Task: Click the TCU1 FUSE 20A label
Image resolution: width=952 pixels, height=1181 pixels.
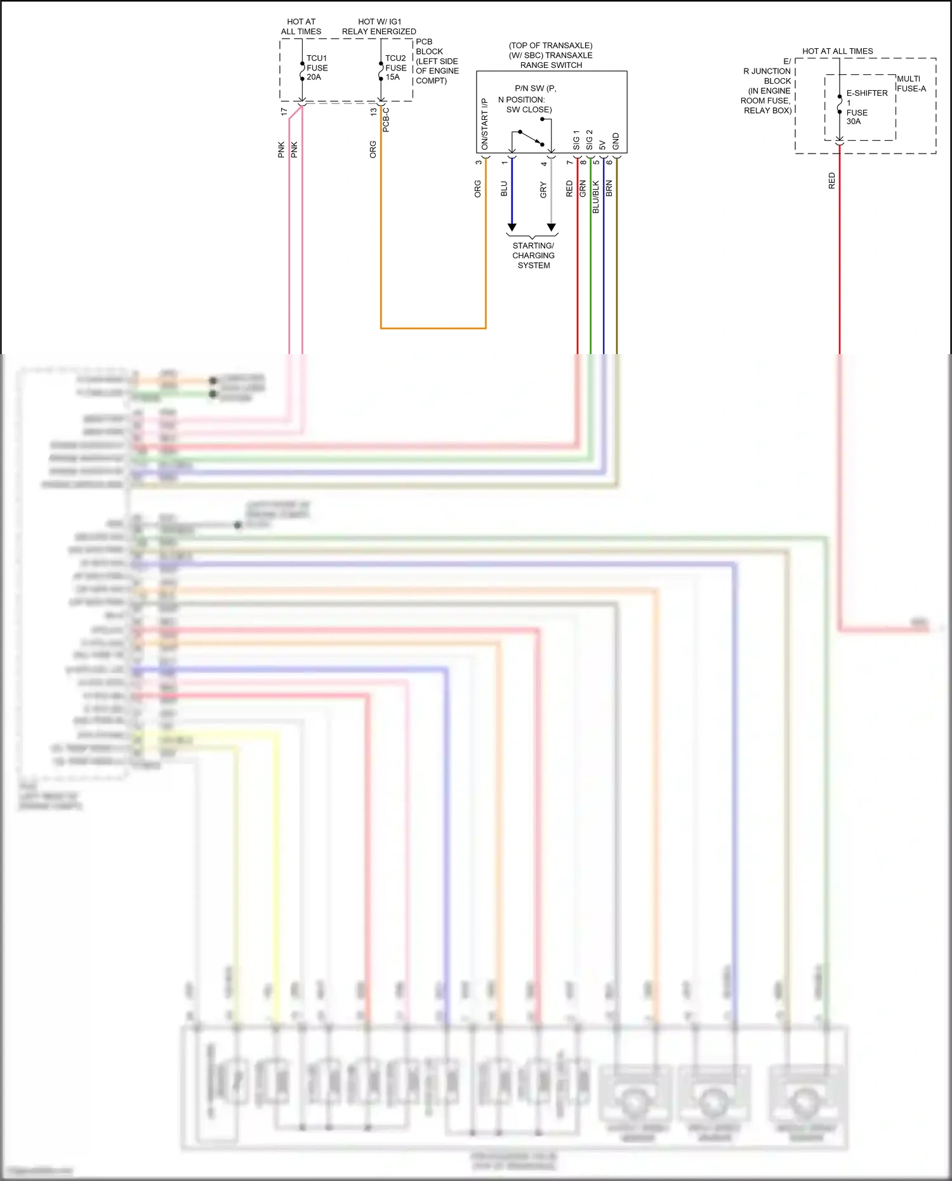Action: (317, 68)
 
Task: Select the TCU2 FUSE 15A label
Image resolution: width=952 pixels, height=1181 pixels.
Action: (395, 68)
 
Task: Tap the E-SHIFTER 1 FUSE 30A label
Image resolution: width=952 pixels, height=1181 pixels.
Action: (866, 107)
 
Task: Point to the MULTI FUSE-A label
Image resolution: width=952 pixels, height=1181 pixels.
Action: (911, 84)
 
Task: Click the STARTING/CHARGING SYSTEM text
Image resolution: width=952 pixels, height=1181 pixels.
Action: (533, 256)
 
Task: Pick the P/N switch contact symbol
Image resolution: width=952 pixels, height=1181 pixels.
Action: (531, 138)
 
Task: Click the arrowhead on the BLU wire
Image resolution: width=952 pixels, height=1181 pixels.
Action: (512, 227)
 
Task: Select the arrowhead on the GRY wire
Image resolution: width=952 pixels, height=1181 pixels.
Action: (552, 227)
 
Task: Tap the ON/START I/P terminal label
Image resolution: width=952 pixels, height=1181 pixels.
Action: (485, 124)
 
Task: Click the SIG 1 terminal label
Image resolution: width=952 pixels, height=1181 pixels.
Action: (576, 140)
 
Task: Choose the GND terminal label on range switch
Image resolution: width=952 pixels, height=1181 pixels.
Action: (616, 142)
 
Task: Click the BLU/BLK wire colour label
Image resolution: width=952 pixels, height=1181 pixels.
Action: (596, 197)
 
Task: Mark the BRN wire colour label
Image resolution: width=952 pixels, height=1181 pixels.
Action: (609, 188)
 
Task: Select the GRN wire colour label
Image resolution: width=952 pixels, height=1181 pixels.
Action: (583, 188)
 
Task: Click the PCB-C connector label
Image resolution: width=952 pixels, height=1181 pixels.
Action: (386, 120)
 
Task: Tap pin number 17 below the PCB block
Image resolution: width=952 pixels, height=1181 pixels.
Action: (284, 112)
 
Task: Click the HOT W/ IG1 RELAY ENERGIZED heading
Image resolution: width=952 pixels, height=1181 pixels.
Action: (379, 27)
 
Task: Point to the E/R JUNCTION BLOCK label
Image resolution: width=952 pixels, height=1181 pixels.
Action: (768, 86)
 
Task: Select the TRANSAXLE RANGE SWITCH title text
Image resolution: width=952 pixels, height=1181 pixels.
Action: (551, 55)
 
